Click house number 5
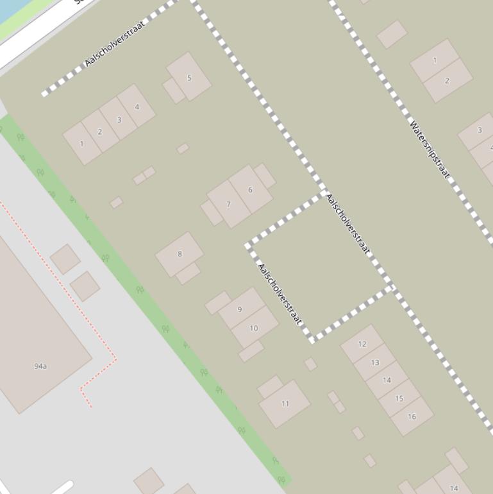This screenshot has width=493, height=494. click(189, 78)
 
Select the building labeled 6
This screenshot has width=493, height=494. click(250, 190)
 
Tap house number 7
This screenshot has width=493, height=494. click(228, 204)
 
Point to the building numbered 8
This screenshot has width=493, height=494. click(180, 254)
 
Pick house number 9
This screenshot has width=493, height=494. click(240, 309)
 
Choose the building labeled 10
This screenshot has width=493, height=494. click(254, 328)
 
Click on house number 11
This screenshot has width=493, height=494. click(285, 404)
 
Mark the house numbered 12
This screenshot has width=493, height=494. click(362, 344)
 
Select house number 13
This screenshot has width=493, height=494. click(374, 362)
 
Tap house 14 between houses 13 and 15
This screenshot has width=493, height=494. click(387, 380)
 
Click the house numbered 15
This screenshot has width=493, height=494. click(399, 398)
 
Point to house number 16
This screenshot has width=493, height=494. click(412, 416)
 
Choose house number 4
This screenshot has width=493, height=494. click(137, 106)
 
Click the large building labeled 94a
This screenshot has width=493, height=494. click(40, 366)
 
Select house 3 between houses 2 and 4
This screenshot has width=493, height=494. click(119, 119)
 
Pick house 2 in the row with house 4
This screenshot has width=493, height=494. click(99, 132)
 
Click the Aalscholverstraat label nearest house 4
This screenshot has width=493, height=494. click(114, 43)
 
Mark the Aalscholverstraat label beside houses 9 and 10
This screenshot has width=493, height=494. click(279, 294)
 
